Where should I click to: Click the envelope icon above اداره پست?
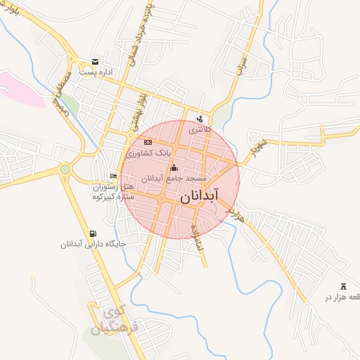pyautogui.click(x=95, y=62)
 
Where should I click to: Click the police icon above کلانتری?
pyautogui.click(x=200, y=119)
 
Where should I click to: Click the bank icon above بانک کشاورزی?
pyautogui.click(x=148, y=143)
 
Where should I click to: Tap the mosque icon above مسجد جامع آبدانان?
pyautogui.click(x=174, y=168)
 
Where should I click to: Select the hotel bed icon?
pyautogui.click(x=114, y=176)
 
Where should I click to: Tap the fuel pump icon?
pyautogui.click(x=94, y=234)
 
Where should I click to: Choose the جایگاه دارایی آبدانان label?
pyautogui.click(x=93, y=245)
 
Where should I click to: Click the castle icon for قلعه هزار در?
pyautogui.click(x=344, y=286)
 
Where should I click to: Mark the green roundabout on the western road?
pyautogui.click(x=65, y=169)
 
